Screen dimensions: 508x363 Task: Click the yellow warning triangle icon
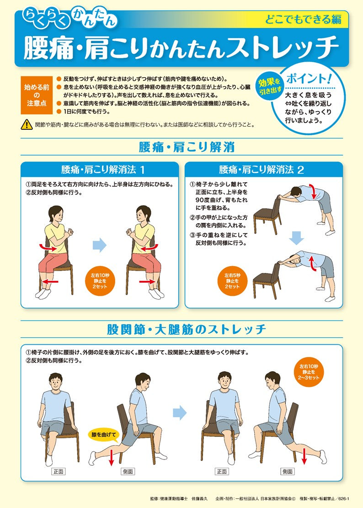27,124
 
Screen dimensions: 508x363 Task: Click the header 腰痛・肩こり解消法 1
99,170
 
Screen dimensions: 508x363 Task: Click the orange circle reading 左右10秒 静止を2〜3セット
309,372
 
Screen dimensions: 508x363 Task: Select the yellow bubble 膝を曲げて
104,434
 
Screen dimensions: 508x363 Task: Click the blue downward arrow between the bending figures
297,237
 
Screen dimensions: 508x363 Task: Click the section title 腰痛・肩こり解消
186,147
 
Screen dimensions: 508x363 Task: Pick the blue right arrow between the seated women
100,246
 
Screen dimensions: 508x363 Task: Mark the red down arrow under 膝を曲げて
111,456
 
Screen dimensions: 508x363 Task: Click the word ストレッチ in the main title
286,47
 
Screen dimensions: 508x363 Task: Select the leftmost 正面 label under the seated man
59,471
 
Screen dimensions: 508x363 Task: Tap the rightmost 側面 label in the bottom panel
287,471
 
